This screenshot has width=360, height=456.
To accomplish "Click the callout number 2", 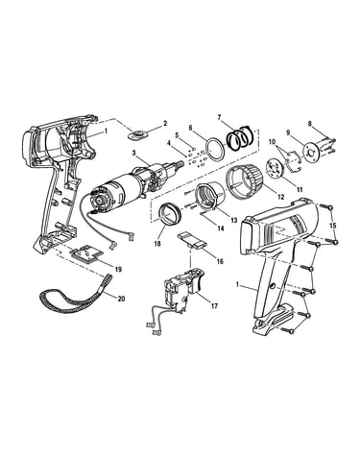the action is coord(165,123).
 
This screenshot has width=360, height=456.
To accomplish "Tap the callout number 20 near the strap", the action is coord(121,300).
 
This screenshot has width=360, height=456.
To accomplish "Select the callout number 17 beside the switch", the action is coord(214,306).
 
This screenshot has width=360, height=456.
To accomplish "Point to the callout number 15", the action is coord(333,226).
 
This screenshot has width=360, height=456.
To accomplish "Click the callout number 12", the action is coord(280,197).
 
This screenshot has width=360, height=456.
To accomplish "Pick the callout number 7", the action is coord(219,117).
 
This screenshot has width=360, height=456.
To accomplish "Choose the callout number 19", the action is coord(118,270).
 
